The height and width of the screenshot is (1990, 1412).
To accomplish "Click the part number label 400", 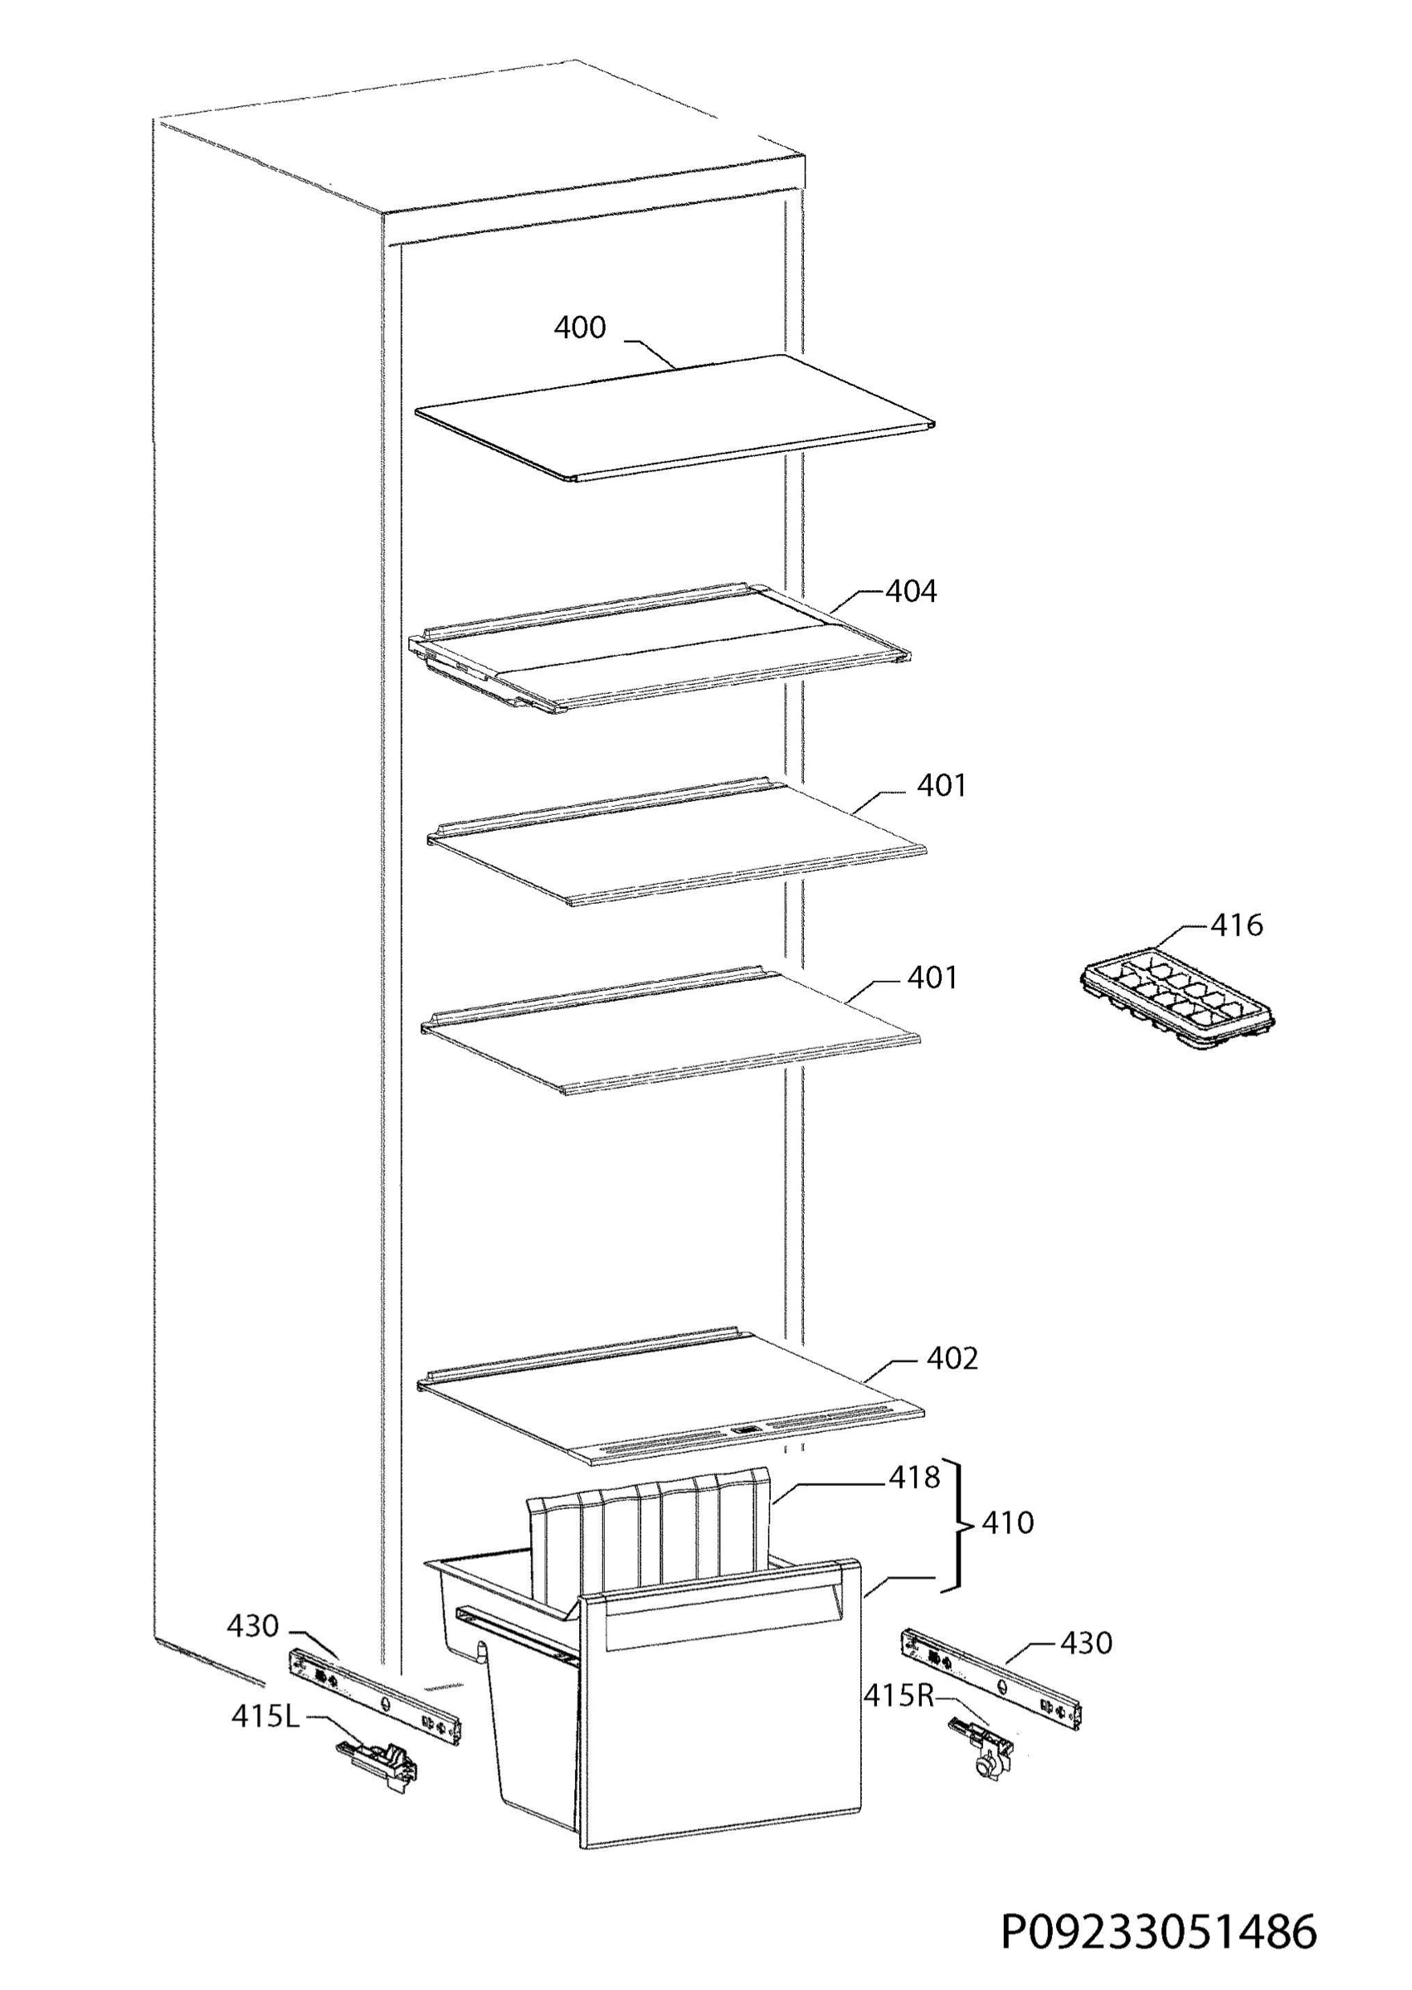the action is [x=580, y=328].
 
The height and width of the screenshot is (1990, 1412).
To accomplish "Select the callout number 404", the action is [x=911, y=591].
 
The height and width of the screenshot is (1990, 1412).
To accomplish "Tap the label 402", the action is [x=952, y=1358].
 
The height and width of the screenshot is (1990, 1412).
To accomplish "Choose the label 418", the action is [x=913, y=1478].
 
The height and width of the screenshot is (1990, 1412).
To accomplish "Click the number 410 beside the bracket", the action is [x=1007, y=1522].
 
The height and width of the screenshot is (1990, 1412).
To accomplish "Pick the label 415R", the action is [x=898, y=1695].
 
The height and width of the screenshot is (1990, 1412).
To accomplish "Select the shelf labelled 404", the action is [x=659, y=648].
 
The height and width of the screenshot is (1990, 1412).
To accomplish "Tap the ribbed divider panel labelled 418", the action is [x=650, y=1538].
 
